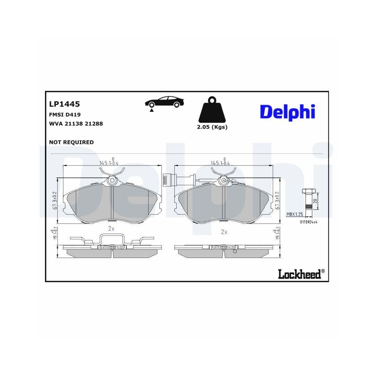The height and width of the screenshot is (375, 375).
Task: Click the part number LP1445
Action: click(x=64, y=104)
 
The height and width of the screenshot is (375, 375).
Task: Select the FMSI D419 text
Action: click(x=64, y=115)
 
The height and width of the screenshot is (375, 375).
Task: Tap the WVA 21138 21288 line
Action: click(x=76, y=123)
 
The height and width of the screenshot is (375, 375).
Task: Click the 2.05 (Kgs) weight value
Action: click(x=212, y=127)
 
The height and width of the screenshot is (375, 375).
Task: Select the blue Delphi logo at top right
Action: click(x=287, y=111)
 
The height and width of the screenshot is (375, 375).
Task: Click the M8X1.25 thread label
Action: click(x=294, y=214)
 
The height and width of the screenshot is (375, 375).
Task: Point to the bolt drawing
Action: click(x=307, y=203)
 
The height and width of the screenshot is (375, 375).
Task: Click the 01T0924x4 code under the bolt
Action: click(x=308, y=222)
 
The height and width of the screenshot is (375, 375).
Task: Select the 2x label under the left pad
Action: click(x=111, y=228)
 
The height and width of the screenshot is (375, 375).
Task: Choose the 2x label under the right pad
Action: click(x=224, y=232)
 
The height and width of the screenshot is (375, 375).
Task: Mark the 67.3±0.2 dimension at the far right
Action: click(x=278, y=202)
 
